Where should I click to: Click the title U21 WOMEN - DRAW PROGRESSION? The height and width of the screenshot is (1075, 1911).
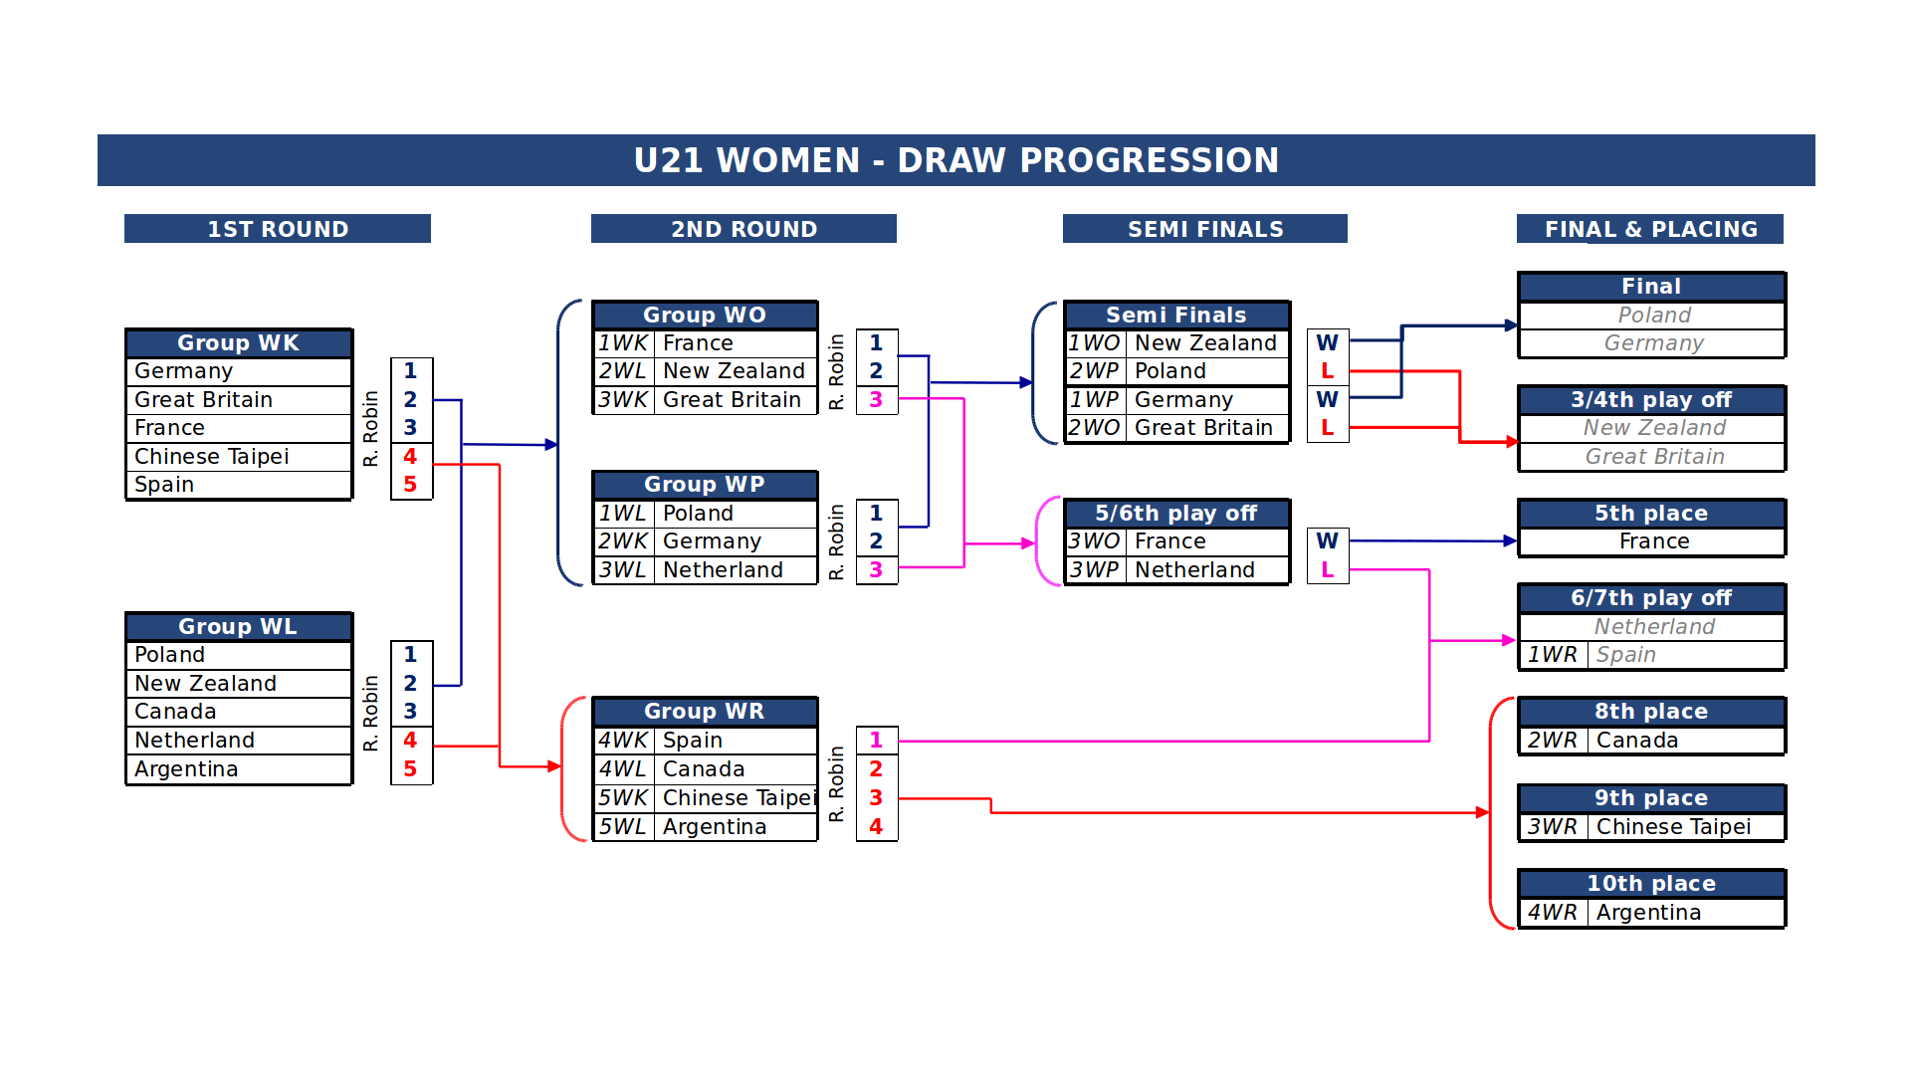[955, 160]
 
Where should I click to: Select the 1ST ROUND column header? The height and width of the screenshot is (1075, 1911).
[278, 229]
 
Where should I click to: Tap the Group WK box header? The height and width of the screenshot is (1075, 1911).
[239, 343]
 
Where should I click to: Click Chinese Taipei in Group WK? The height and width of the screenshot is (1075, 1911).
[211, 457]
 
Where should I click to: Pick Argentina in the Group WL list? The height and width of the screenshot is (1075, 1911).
[186, 769]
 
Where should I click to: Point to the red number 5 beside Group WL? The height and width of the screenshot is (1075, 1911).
[410, 769]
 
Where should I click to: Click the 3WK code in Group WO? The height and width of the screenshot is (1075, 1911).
[623, 400]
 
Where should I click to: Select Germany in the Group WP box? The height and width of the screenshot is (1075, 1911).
[712, 541]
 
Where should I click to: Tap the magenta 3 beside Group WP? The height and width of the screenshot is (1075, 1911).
[876, 570]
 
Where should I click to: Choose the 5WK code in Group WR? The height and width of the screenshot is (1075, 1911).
[623, 798]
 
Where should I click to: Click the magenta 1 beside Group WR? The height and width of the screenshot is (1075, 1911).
[876, 741]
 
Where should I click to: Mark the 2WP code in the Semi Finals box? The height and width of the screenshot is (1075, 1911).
[1094, 371]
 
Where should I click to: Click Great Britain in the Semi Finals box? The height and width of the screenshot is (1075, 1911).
[1203, 428]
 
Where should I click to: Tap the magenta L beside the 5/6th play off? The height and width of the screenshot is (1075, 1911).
[1327, 570]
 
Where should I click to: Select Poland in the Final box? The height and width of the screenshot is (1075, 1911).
[1654, 316]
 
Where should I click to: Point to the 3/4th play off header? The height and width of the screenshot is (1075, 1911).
[1651, 400]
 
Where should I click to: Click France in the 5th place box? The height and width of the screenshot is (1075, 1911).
[1654, 541]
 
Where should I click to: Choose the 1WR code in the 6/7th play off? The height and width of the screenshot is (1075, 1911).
[1553, 655]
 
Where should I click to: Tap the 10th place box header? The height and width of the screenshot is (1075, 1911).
[1651, 884]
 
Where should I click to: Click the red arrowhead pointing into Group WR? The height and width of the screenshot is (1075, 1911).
[554, 766]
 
